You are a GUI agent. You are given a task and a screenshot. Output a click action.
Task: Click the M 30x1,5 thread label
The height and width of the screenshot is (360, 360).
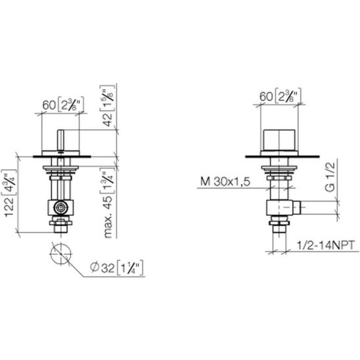(225, 181)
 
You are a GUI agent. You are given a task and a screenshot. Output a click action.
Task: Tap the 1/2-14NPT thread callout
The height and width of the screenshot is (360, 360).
(326, 245)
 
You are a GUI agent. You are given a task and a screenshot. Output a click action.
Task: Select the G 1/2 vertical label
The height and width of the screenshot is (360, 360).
(330, 177)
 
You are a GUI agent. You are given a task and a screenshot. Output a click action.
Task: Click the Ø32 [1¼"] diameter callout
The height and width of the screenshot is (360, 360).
(117, 267)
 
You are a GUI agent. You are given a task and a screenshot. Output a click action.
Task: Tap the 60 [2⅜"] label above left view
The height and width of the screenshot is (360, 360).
(63, 104)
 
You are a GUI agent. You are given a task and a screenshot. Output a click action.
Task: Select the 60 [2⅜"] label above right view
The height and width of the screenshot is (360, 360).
(280, 96)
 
